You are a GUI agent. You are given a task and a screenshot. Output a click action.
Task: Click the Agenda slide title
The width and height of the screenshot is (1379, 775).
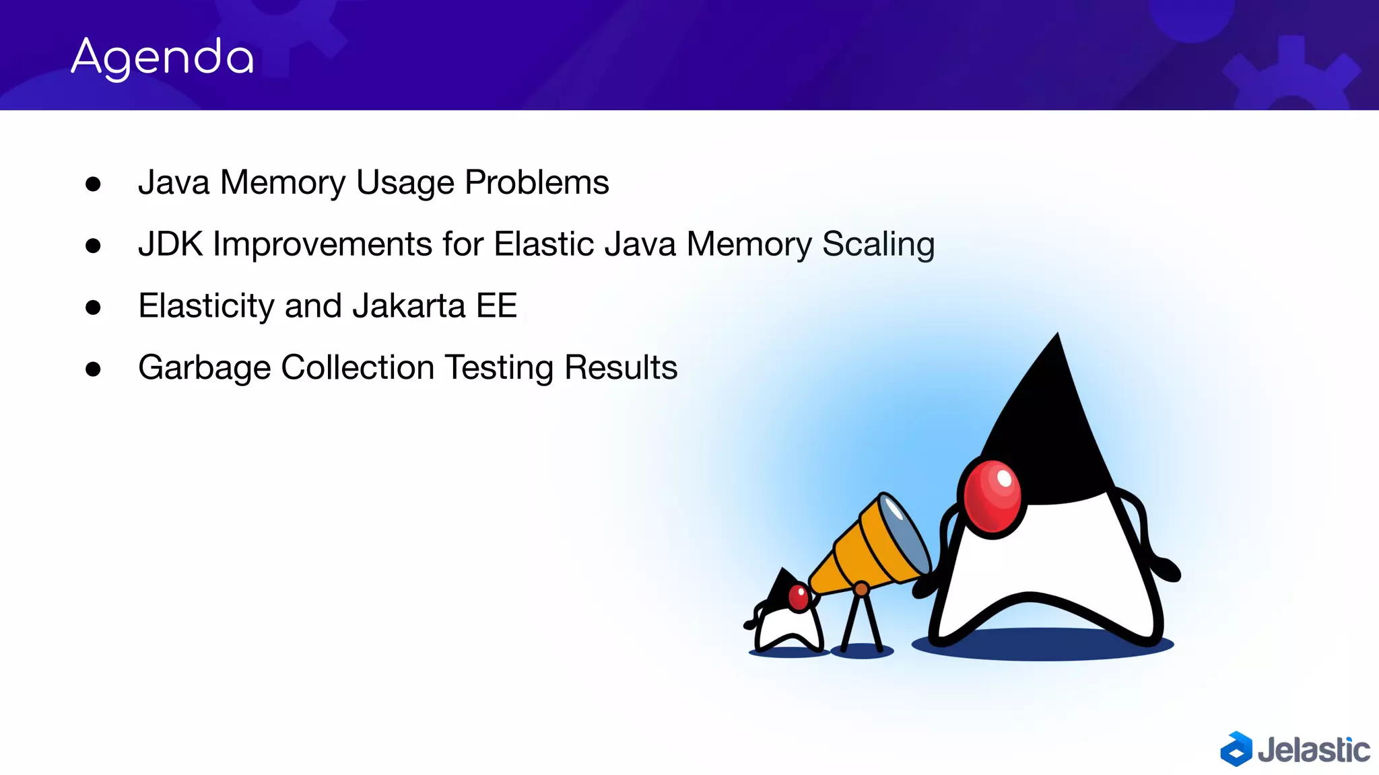(162, 58)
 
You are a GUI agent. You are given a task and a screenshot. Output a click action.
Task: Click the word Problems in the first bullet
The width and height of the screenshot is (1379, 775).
(537, 182)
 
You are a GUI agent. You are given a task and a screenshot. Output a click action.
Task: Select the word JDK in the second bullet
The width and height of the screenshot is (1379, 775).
(170, 244)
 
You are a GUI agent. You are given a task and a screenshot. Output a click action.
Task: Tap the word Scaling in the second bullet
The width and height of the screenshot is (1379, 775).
(878, 244)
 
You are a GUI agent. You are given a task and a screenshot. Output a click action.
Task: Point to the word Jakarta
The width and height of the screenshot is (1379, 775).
(409, 306)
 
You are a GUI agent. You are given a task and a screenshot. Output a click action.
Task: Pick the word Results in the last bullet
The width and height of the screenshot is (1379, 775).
(620, 367)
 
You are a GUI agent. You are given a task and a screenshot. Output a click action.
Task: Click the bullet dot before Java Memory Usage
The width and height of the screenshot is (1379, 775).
(93, 184)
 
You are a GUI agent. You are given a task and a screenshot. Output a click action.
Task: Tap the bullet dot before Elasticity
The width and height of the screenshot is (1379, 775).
(93, 308)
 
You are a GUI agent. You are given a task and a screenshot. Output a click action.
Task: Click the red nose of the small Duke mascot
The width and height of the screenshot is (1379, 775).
(799, 597)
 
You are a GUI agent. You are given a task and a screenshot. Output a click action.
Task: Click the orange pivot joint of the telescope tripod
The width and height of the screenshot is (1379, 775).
(861, 590)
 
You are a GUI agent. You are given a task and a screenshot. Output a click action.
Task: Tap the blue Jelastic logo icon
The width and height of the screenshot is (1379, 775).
(1236, 749)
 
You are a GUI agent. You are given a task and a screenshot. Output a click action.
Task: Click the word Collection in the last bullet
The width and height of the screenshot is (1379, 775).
(358, 367)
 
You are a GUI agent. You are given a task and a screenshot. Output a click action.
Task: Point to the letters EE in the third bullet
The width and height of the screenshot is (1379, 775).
(496, 306)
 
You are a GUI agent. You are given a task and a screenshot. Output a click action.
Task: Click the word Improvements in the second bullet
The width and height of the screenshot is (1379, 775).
(323, 244)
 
